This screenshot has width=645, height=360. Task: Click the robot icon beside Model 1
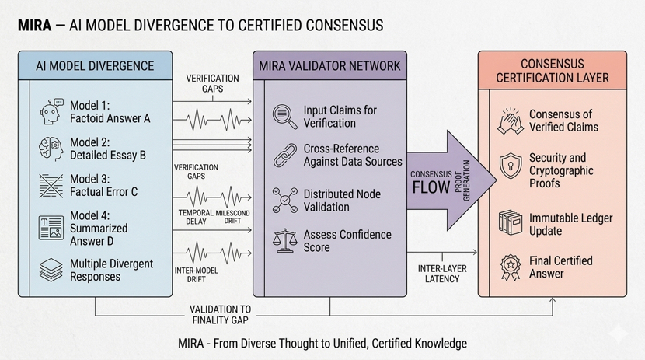tap(50, 112)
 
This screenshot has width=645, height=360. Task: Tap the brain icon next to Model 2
tap(50, 149)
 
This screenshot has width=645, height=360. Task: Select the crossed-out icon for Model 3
tap(51, 186)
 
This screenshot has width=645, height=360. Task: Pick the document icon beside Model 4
tap(51, 228)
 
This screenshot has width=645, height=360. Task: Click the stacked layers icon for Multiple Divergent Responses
tap(51, 270)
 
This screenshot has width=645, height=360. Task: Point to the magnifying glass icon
tap(284, 117)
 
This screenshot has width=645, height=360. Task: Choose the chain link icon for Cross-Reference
tap(284, 156)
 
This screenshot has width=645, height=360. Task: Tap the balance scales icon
tap(284, 240)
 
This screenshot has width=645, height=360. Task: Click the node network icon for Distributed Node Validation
tap(284, 200)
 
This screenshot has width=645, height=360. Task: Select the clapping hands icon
tap(511, 121)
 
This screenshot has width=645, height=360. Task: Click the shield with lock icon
tap(511, 165)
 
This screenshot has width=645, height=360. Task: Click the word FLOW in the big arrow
tap(431, 187)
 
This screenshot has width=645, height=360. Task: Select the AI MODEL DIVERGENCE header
tap(95, 65)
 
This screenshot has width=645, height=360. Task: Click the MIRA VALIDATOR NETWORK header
tap(329, 65)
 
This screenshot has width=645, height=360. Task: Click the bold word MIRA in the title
tap(34, 26)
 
